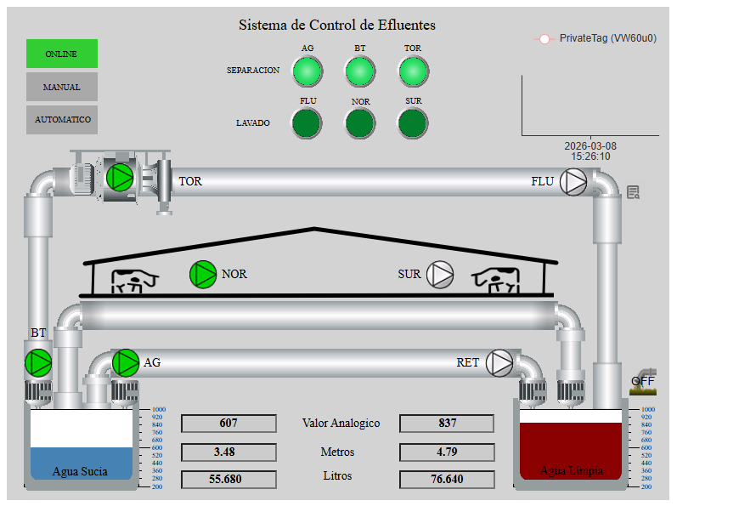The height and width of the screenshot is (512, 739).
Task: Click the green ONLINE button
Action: [62, 54]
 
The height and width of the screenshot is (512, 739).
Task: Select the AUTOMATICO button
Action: [62, 120]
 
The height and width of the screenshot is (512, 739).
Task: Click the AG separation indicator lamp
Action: [307, 71]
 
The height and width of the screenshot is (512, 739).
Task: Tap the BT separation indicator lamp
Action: [360, 71]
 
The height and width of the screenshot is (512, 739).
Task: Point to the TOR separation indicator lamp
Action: [413, 71]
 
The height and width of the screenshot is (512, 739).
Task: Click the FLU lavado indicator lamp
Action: [307, 123]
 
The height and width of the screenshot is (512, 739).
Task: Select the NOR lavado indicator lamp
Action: [360, 123]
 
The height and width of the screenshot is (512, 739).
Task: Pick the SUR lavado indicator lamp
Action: [413, 123]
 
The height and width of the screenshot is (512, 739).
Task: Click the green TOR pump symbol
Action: [120, 177]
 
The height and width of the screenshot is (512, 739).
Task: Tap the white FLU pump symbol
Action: [574, 182]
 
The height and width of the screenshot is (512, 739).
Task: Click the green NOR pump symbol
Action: [203, 274]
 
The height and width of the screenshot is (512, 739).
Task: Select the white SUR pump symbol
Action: [440, 274]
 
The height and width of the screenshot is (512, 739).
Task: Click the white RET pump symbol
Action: [499, 362]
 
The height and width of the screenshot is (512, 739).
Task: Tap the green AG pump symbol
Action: [126, 362]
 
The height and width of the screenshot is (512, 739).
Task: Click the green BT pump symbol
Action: [38, 362]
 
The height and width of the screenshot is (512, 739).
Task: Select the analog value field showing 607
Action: [228, 424]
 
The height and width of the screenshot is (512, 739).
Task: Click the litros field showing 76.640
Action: [447, 479]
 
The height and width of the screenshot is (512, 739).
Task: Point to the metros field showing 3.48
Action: [228, 452]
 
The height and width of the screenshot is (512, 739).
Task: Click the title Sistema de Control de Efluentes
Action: [337, 26]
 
